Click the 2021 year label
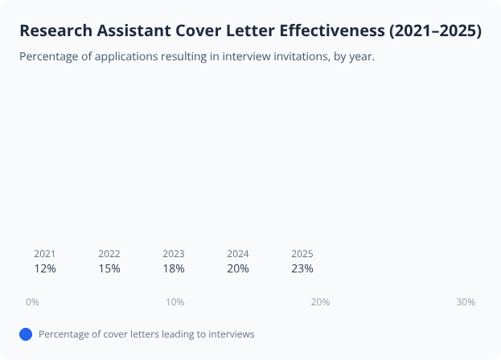coord(45,254)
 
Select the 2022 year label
coord(109,254)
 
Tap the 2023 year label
coord(174,254)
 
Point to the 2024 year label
coord(238,254)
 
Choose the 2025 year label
coord(302,254)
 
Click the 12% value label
coord(45,268)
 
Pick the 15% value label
coord(109,268)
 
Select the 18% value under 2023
coord(174,268)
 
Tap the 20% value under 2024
coord(238,268)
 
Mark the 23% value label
coord(302,268)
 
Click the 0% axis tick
coord(32,302)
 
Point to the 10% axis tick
coord(175,302)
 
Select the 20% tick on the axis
coord(321,302)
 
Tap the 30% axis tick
coord(466,302)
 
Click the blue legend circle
coord(26,334)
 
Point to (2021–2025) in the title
coord(435,31)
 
